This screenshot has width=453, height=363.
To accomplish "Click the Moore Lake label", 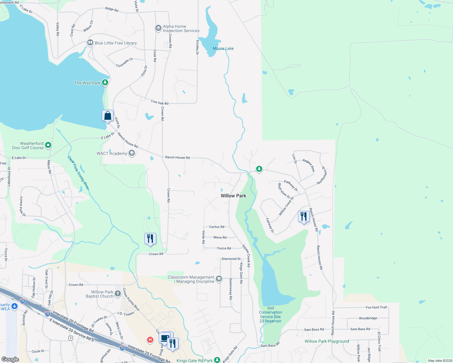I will (x=223, y=48).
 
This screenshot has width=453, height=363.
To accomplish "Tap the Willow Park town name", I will (x=233, y=196).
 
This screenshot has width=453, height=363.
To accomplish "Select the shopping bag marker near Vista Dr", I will (x=107, y=116).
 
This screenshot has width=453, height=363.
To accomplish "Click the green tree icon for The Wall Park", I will (x=105, y=82).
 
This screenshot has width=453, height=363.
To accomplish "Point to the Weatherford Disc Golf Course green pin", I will (x=48, y=146).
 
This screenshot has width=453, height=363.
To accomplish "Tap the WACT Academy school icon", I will (x=131, y=153).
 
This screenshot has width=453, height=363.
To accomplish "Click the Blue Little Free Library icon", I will (x=90, y=43).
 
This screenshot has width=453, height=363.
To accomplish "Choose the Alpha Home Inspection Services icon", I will (x=158, y=28).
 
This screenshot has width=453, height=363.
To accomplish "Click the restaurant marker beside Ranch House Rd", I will (x=304, y=217).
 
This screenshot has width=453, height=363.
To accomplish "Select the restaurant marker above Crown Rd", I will (x=150, y=239).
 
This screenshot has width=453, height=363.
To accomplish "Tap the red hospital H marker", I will (x=150, y=340).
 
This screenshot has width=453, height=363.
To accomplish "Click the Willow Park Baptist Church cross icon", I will (x=118, y=294).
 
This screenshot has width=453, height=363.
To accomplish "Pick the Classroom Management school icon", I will (x=219, y=279).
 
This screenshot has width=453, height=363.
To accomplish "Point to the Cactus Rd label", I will (x=217, y=227).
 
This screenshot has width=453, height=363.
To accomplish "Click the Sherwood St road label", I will (x=231, y=259).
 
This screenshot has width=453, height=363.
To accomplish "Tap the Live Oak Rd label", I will (x=160, y=103).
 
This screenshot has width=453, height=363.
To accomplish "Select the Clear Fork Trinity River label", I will (x=78, y=173).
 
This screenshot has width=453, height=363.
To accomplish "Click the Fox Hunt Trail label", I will (x=376, y=307).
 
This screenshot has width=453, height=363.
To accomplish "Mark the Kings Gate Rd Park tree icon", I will (x=217, y=360).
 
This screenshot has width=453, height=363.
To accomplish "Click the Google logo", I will (x=10, y=359).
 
